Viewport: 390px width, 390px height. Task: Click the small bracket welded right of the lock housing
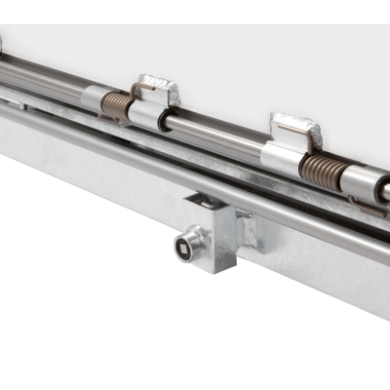point(248,230)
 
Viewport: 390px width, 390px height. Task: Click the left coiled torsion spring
point(116,106)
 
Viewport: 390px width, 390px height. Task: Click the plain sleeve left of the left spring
point(92,97)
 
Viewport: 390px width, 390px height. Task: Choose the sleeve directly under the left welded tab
point(149,116)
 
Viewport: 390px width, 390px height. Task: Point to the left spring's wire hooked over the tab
point(137,93)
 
